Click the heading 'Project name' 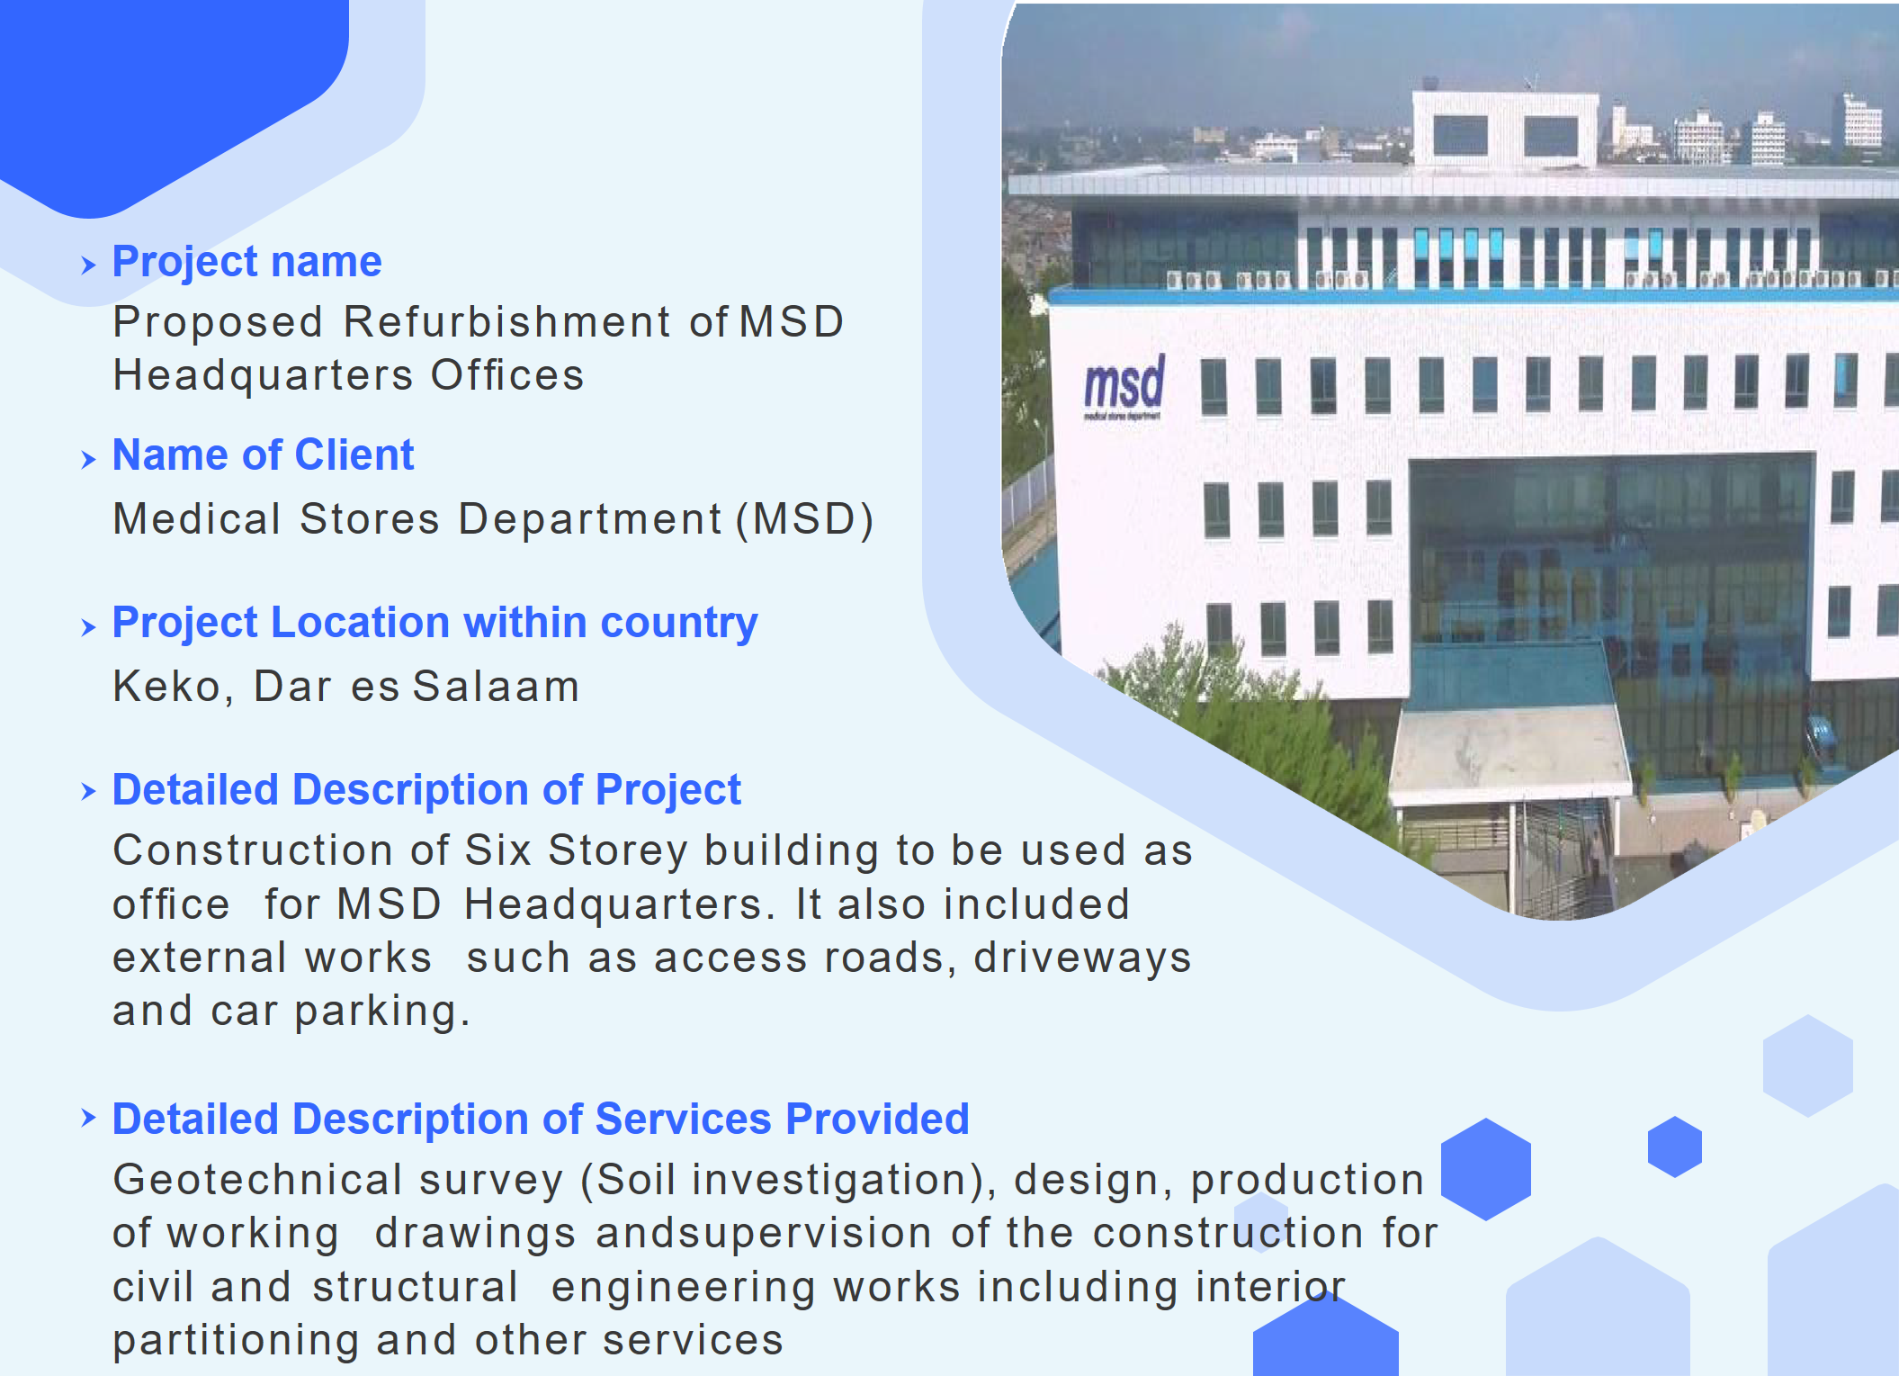[x=246, y=262]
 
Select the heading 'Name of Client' [x=263, y=455]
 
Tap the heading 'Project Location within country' [x=434, y=623]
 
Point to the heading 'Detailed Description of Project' [x=426, y=790]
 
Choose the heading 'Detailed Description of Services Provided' [x=541, y=1120]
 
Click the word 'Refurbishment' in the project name [x=507, y=322]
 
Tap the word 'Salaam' [x=496, y=687]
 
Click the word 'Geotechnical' [x=257, y=1180]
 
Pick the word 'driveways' [x=1082, y=958]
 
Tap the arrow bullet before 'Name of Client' [x=88, y=459]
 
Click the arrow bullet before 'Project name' [x=88, y=265]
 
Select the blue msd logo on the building [x=1124, y=386]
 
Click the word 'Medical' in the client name [x=197, y=519]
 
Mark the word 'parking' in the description [x=381, y=1012]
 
